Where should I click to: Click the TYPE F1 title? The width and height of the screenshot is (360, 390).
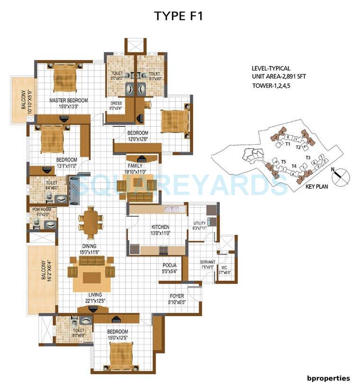(x=178, y=16)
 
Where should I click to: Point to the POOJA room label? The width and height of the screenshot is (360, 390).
(x=170, y=266)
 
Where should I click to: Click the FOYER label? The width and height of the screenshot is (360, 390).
(x=176, y=296)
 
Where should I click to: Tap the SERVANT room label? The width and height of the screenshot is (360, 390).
(x=207, y=262)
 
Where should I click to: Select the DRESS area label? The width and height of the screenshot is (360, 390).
(x=116, y=103)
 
